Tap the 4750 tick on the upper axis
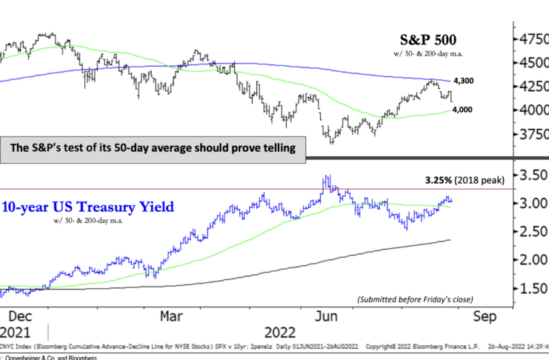[534, 39]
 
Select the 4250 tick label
[534, 87]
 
